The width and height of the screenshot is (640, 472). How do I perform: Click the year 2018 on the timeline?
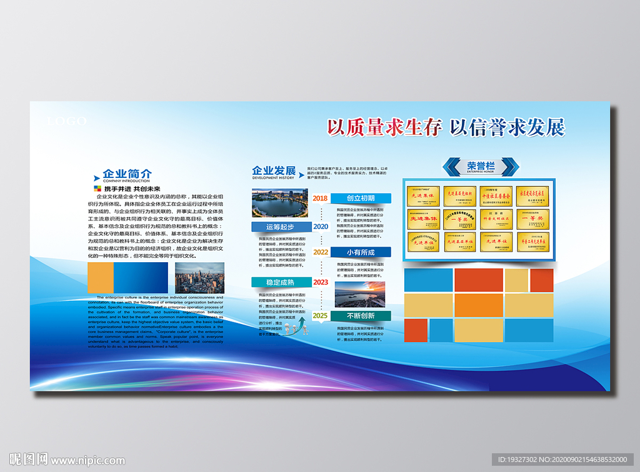tap(320, 198)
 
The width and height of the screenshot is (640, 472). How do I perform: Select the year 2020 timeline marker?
tap(320, 227)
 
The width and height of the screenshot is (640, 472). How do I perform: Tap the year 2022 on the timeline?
tap(321, 252)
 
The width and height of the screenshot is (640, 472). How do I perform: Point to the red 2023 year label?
tap(321, 282)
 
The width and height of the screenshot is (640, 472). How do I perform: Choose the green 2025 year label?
tap(320, 316)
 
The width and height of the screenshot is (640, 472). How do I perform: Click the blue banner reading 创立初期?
tap(361, 198)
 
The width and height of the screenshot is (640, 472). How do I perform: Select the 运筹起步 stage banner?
tap(279, 227)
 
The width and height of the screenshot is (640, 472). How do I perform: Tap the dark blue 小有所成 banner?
tap(361, 252)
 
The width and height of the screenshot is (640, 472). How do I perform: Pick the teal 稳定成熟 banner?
tap(279, 282)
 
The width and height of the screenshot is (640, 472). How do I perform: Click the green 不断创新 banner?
tap(361, 316)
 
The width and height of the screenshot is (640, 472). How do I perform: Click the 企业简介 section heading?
tap(127, 174)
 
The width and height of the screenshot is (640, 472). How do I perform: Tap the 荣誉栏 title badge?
tap(481, 166)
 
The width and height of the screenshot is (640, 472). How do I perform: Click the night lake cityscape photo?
tap(279, 204)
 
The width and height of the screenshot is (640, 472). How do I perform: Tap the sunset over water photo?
tap(360, 294)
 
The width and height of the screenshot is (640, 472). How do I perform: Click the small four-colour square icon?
tap(96, 189)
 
